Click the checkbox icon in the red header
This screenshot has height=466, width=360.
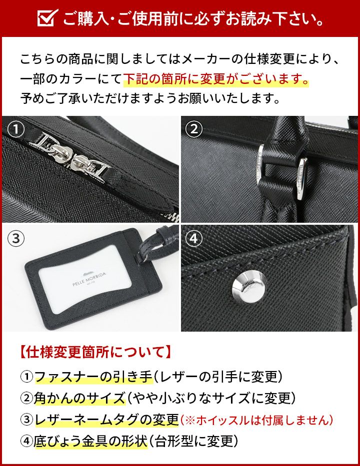[x=47, y=19]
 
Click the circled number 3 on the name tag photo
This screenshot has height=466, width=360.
[x=17, y=238]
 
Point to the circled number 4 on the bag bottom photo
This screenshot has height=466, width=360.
[x=194, y=238]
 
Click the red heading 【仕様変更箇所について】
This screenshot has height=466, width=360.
[x=94, y=353]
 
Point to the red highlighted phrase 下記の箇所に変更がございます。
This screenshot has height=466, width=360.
[x=215, y=79]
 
